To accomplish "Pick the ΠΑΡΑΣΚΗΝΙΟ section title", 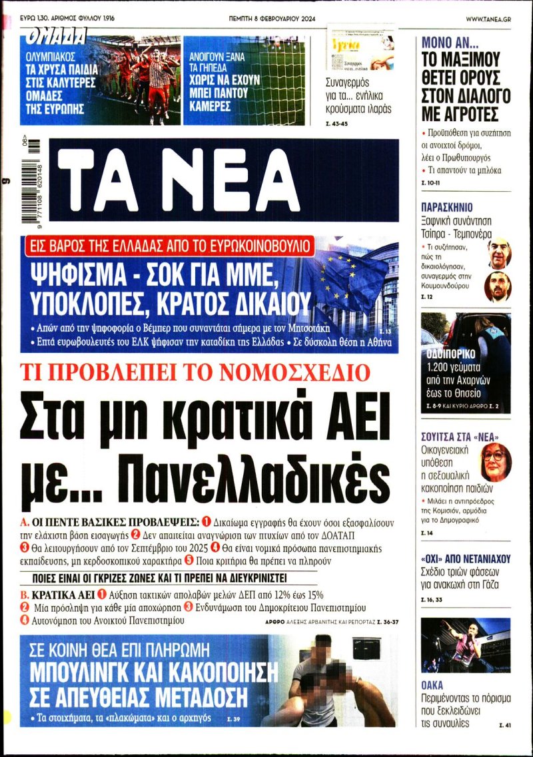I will point(446,206).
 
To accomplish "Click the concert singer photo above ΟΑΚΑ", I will point(466,644).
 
